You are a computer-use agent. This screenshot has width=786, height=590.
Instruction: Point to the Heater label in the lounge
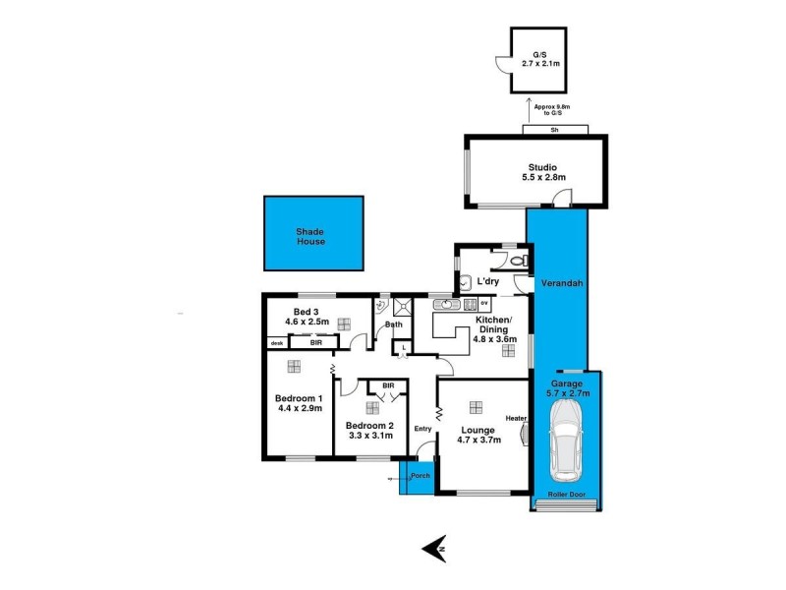tap(516, 418)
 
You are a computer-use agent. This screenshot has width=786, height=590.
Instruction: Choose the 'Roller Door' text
tap(568, 495)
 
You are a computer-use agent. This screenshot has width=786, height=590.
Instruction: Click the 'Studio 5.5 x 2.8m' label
tap(536, 172)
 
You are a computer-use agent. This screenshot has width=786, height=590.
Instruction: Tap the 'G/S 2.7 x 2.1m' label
tap(537, 58)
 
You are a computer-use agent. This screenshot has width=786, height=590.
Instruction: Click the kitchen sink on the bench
tap(448, 305)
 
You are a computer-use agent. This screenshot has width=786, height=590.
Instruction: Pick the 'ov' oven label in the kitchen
tap(484, 304)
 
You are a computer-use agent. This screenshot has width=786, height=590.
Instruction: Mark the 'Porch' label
tap(421, 476)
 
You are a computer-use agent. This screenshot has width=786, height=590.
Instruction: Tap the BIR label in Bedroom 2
tap(388, 385)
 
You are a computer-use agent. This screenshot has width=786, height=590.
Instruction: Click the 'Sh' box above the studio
tap(555, 130)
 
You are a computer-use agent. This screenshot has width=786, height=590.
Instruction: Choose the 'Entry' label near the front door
tap(422, 428)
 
